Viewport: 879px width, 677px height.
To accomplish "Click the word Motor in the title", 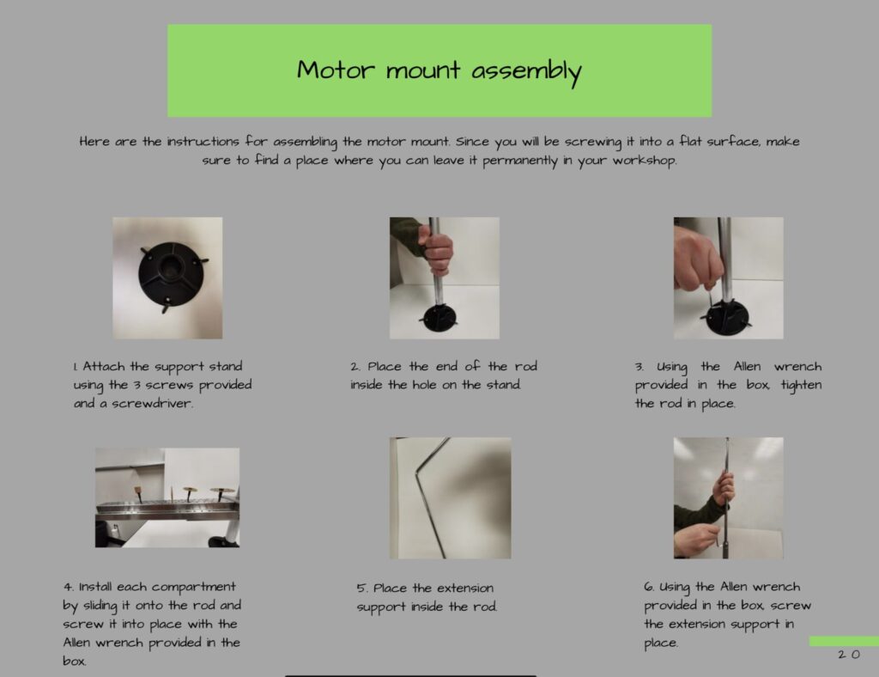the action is tap(336, 70).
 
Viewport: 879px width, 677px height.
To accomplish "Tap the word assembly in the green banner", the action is tap(526, 72).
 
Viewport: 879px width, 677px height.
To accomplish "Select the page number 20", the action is tap(849, 655).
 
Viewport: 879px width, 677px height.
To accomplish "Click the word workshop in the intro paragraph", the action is tap(645, 161).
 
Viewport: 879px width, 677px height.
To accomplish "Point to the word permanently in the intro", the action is tap(520, 162).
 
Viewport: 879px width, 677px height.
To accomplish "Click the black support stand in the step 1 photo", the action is tap(171, 275).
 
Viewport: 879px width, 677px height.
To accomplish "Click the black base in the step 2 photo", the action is tap(439, 318).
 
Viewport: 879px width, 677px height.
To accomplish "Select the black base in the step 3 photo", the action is tap(728, 318).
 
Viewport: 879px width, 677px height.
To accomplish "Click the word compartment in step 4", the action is tap(193, 588).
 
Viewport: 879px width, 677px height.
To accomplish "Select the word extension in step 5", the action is tap(465, 589).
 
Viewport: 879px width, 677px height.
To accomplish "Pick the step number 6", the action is tap(649, 587).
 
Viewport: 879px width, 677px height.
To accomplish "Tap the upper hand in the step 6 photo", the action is tap(724, 489).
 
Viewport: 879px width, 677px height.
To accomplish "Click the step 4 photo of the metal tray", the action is tap(167, 497).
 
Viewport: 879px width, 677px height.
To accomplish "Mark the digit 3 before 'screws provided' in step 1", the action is tap(136, 386).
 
